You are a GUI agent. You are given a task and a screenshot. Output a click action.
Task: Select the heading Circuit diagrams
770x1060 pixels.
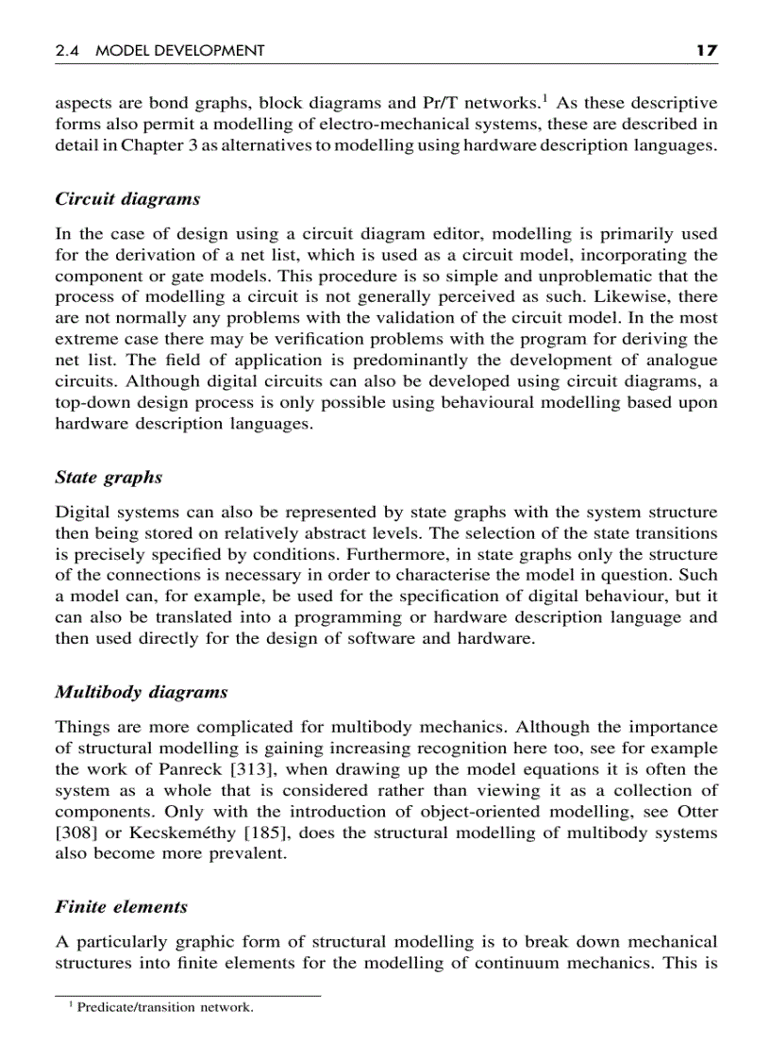[x=127, y=199]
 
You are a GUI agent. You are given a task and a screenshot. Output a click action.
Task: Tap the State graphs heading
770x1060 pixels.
[x=109, y=478]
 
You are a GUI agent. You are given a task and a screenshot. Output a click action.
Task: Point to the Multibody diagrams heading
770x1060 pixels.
[x=142, y=692]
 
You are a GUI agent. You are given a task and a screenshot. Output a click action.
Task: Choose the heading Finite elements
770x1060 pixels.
[x=121, y=907]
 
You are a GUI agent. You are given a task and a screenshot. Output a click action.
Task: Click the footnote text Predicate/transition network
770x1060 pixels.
[x=165, y=1008]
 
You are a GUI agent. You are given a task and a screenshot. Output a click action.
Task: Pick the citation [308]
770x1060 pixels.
[x=74, y=833]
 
